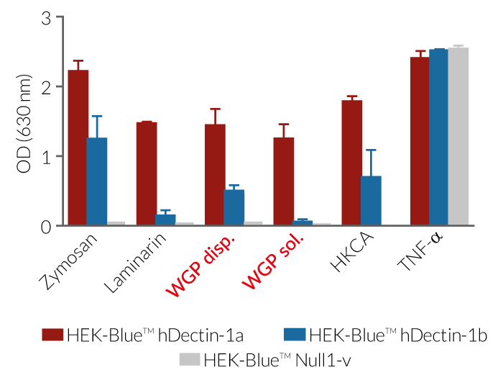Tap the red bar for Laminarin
(x=147, y=173)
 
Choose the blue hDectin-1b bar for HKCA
(x=371, y=201)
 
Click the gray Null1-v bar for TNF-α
(x=458, y=137)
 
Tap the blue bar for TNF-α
(x=438, y=137)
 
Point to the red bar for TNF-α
(x=420, y=141)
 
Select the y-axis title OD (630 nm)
(x=24, y=122)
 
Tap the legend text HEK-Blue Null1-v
(x=272, y=358)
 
